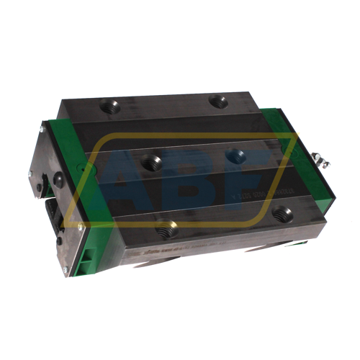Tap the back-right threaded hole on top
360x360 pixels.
coord(218,102)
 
